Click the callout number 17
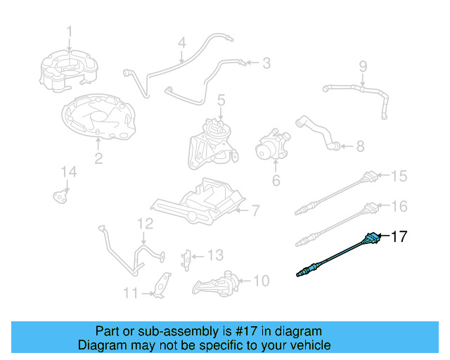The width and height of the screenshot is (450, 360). click(x=398, y=237)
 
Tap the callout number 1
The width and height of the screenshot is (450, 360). click(x=70, y=31)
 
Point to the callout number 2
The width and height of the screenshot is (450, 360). click(x=98, y=159)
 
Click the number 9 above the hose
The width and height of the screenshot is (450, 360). click(x=363, y=67)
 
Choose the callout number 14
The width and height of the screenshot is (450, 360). click(x=67, y=172)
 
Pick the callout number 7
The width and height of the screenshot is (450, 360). click(x=256, y=209)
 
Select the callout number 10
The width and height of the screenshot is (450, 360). click(x=261, y=281)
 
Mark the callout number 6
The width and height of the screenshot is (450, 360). click(x=276, y=181)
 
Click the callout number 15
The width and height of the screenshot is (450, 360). click(x=399, y=176)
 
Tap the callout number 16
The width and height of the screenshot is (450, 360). click(x=399, y=206)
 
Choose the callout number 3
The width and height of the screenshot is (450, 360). click(x=266, y=63)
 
